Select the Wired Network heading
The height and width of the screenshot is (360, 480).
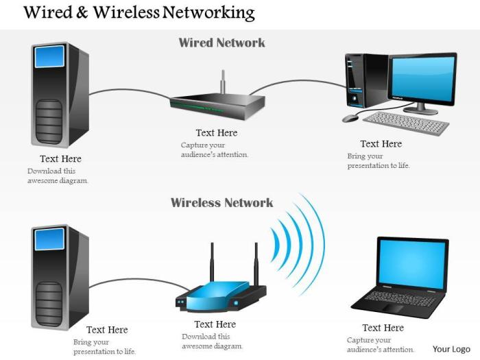[221, 43]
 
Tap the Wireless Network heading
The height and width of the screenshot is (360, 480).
[221, 202]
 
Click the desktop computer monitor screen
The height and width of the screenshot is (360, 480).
[422, 76]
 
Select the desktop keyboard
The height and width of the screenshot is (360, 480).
[406, 123]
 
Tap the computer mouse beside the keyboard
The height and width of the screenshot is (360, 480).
[350, 118]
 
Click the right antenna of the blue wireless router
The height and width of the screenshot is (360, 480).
[256, 264]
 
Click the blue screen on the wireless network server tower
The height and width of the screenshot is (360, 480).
[49, 239]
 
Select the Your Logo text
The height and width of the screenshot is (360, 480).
[451, 348]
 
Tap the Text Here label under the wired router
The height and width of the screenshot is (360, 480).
[216, 133]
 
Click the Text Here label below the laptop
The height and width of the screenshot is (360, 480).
[383, 328]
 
